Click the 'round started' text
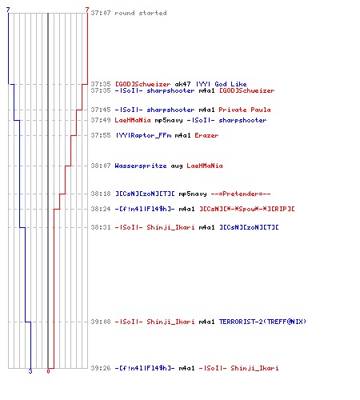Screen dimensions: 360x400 click(x=141, y=13)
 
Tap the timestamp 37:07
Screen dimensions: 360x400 click(x=101, y=13)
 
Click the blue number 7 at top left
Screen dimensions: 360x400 click(x=8, y=10)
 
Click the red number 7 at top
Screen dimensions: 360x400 click(x=87, y=10)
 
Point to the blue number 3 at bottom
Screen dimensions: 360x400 click(x=30, y=371)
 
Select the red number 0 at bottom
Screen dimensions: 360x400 click(x=48, y=371)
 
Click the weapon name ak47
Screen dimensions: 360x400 click(x=182, y=84)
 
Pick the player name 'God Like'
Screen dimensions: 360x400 click(x=230, y=84)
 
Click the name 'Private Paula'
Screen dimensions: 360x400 click(x=245, y=110)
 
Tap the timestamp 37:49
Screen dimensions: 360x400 click(x=101, y=120)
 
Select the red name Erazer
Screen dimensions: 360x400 click(x=206, y=135)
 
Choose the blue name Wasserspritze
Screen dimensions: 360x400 click(x=141, y=166)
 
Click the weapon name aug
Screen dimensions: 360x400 click(x=177, y=166)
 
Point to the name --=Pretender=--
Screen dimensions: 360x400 click(x=241, y=194)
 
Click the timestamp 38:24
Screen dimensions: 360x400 click(x=101, y=209)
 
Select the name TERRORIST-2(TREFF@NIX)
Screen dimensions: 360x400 click(x=262, y=322)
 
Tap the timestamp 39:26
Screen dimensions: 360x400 click(x=101, y=368)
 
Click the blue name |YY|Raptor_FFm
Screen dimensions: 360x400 click(x=143, y=135)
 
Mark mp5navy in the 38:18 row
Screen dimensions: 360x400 click(x=193, y=194)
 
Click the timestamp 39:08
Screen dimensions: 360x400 click(x=101, y=322)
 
